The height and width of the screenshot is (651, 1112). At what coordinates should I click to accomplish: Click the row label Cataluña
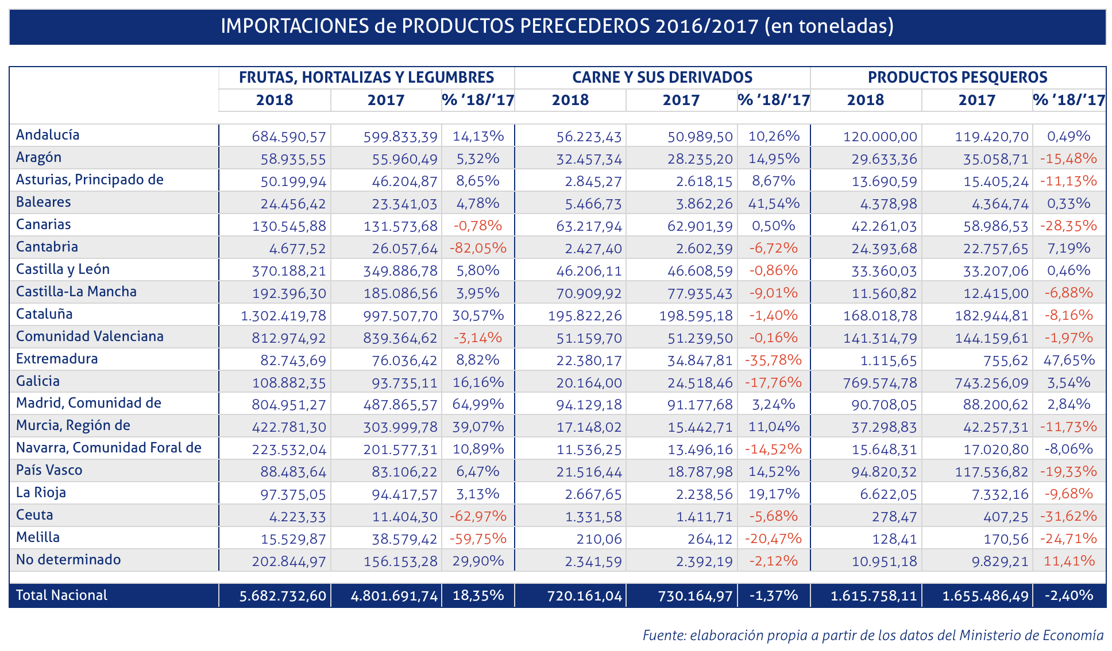44,314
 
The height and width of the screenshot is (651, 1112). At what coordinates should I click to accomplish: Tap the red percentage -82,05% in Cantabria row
478,248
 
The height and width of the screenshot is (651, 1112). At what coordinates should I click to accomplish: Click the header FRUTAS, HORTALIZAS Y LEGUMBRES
366,77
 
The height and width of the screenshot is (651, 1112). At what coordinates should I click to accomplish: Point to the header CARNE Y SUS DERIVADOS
662,77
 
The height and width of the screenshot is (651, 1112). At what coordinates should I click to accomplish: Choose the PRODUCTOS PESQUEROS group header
957,77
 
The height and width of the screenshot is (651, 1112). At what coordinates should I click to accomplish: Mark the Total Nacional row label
61,595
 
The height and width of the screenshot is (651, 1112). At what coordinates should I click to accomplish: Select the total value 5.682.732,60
283,596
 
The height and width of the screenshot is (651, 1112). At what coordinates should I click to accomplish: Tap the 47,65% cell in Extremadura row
1069,360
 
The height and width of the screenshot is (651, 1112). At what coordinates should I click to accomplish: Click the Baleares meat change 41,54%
774,203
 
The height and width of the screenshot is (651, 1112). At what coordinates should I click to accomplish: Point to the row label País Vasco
49,470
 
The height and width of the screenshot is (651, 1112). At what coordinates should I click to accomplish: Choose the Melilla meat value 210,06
601,539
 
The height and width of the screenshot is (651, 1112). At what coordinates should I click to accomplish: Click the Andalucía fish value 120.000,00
880,137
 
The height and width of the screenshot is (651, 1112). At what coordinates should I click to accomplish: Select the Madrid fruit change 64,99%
478,404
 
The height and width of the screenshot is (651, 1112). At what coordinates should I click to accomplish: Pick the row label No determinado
68,560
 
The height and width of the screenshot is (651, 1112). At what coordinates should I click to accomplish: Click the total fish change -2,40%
1068,595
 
